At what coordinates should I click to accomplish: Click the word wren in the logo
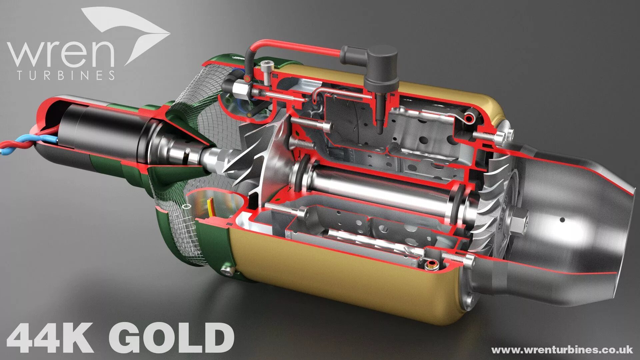coord(60,53)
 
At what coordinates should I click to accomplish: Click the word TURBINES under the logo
coord(66,75)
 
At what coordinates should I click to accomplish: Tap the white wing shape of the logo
coord(133,30)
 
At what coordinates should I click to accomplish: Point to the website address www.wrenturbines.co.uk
coord(562,350)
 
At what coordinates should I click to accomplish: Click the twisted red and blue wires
coord(20,143)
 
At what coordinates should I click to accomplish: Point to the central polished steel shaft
coord(377,190)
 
